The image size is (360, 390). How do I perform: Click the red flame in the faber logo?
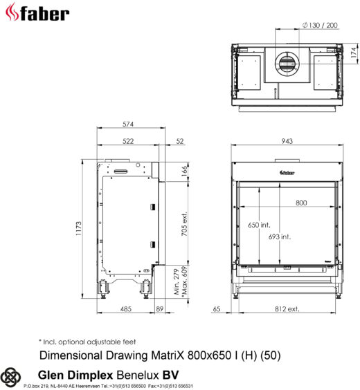(12, 12)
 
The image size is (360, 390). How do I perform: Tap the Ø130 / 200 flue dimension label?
(320, 25)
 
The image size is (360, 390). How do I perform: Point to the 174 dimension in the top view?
(353, 53)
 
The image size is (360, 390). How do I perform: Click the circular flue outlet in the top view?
(287, 64)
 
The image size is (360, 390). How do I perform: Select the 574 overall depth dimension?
(128, 124)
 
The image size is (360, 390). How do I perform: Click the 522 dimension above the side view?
(128, 141)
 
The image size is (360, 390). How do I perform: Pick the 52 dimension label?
(180, 141)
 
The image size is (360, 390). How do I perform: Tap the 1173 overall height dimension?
(78, 228)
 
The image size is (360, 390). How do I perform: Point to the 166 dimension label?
(184, 171)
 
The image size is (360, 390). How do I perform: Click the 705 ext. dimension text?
(184, 224)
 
